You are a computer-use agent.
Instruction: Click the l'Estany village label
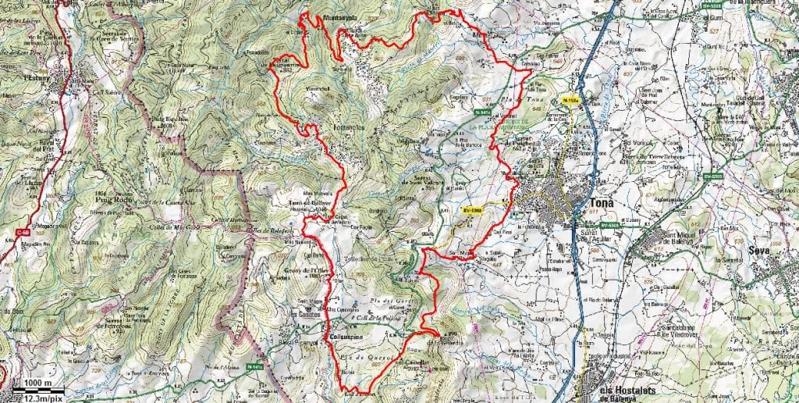tap(36, 78)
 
